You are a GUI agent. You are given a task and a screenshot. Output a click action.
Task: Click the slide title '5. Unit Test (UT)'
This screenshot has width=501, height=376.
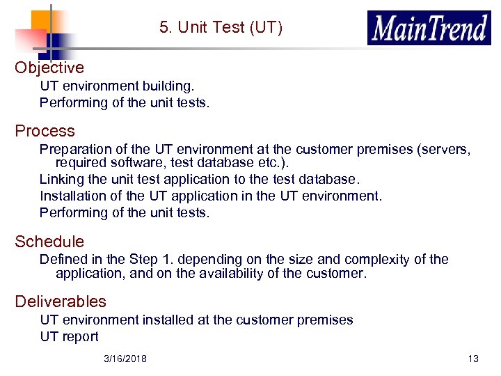click(x=221, y=28)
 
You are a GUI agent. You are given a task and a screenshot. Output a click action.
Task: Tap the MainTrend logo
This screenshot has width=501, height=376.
click(x=429, y=29)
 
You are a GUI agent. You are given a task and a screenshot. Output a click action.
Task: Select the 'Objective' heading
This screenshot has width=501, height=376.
click(x=49, y=68)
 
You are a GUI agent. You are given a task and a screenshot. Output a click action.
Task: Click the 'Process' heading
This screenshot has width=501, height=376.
click(x=45, y=131)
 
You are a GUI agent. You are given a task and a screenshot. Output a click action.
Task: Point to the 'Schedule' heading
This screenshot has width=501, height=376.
click(x=49, y=242)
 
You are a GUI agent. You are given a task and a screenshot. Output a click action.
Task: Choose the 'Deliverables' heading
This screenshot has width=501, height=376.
click(x=61, y=301)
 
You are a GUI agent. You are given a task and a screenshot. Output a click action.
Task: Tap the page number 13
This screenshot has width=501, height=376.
click(x=473, y=359)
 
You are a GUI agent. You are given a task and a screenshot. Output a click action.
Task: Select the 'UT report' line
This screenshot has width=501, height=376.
click(x=69, y=336)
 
